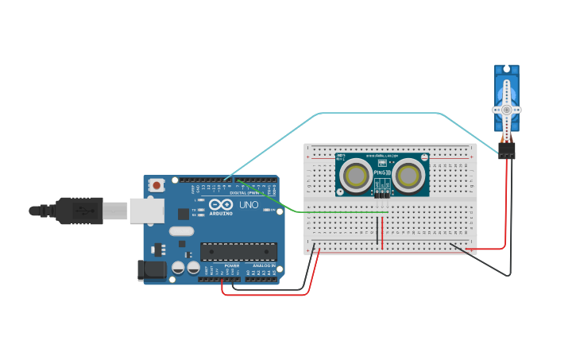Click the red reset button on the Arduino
[157, 185]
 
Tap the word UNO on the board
[249, 205]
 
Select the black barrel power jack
[152, 270]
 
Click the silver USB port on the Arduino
[146, 210]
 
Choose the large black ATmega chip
[238, 252]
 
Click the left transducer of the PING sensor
[357, 176]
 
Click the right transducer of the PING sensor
[408, 176]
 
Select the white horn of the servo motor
[506, 109]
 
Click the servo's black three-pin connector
[506, 150]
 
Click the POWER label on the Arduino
[231, 265]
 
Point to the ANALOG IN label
[264, 265]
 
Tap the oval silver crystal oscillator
[181, 231]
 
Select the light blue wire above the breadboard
[381, 113]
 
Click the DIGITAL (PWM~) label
[244, 192]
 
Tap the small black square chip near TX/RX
[184, 213]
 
